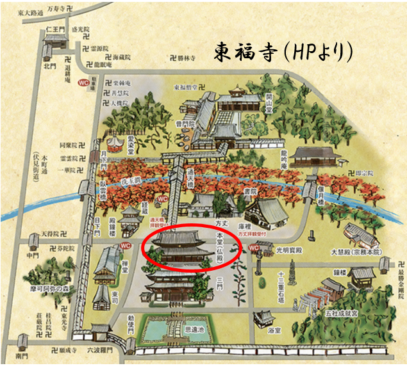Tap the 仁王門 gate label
coord(53,29)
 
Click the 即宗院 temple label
coord(364,173)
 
